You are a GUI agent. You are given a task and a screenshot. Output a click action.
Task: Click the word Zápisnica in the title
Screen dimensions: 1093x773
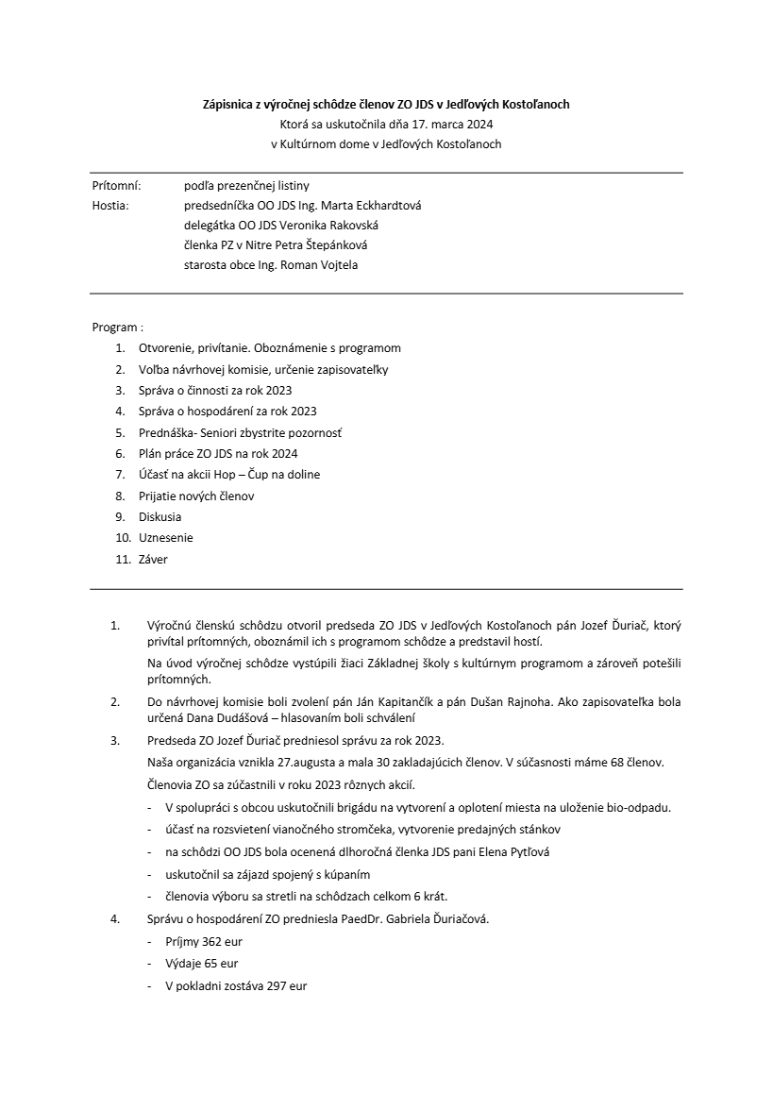(228, 103)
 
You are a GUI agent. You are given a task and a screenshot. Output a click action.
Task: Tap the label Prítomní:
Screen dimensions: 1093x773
(116, 186)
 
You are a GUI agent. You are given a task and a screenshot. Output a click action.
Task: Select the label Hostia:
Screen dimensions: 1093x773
(110, 206)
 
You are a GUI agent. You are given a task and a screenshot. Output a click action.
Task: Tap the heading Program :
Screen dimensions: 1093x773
(118, 328)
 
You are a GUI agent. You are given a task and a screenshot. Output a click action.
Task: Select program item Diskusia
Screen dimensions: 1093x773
(160, 517)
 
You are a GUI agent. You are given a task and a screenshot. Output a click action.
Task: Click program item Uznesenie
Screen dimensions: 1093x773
(166, 538)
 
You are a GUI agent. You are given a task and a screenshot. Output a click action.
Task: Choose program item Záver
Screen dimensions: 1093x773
(153, 559)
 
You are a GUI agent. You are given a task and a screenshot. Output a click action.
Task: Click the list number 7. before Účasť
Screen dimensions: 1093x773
(120, 475)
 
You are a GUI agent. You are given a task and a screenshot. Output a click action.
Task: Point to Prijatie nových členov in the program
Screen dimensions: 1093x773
(196, 496)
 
